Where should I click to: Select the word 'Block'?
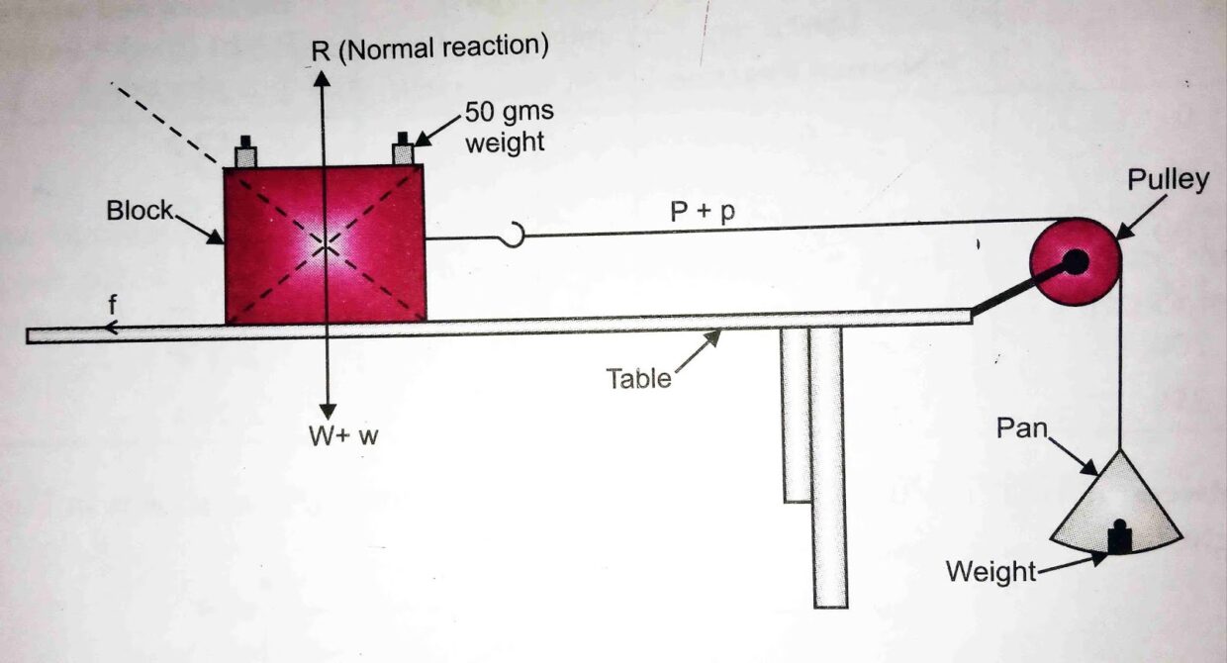click(140, 211)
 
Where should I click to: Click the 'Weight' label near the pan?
click(991, 571)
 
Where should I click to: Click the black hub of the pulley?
click(1075, 262)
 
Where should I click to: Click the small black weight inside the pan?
click(1119, 537)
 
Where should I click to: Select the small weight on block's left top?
click(245, 152)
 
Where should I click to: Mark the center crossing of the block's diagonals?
click(325, 242)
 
